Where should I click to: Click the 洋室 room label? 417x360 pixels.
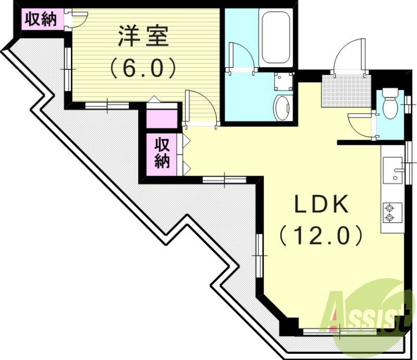[x=141, y=37]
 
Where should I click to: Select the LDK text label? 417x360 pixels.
[x=321, y=205]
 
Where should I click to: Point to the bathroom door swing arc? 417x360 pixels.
[x=241, y=56]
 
